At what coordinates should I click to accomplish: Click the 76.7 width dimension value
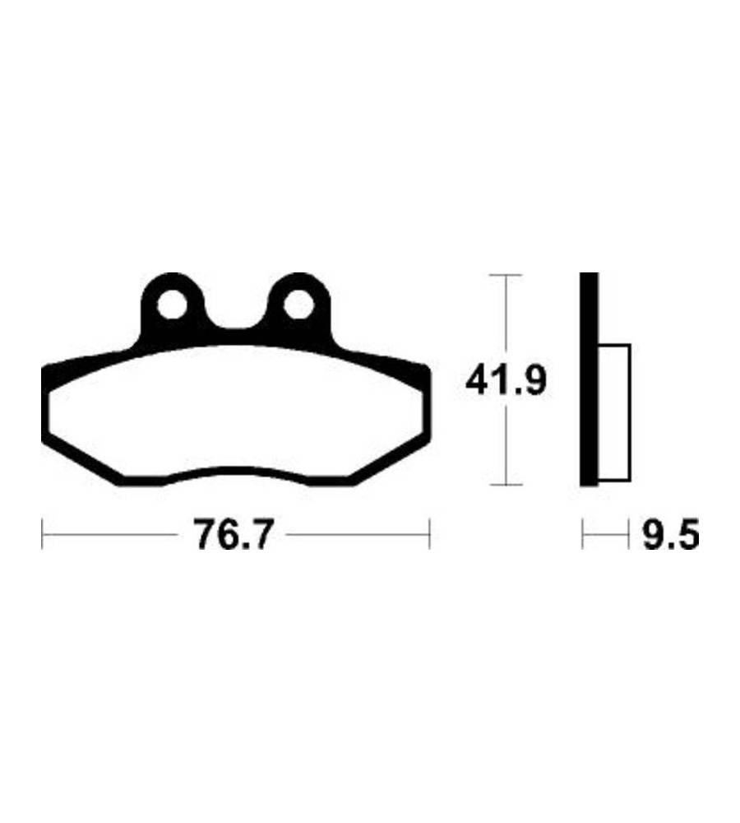[x=234, y=535]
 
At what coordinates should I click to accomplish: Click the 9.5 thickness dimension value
[x=671, y=535]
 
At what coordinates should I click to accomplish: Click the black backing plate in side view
[x=589, y=379]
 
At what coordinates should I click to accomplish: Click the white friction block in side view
[x=613, y=412]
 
